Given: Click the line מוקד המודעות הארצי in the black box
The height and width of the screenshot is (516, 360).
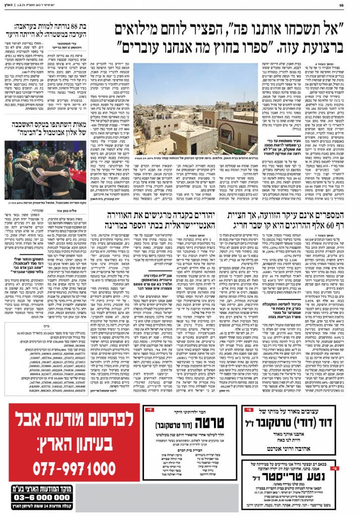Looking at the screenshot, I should point(45,488).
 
